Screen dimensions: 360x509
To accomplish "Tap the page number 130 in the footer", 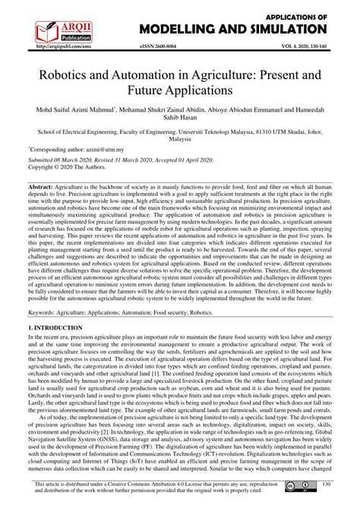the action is [327, 486].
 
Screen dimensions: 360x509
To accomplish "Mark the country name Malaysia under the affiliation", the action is [179, 139].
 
